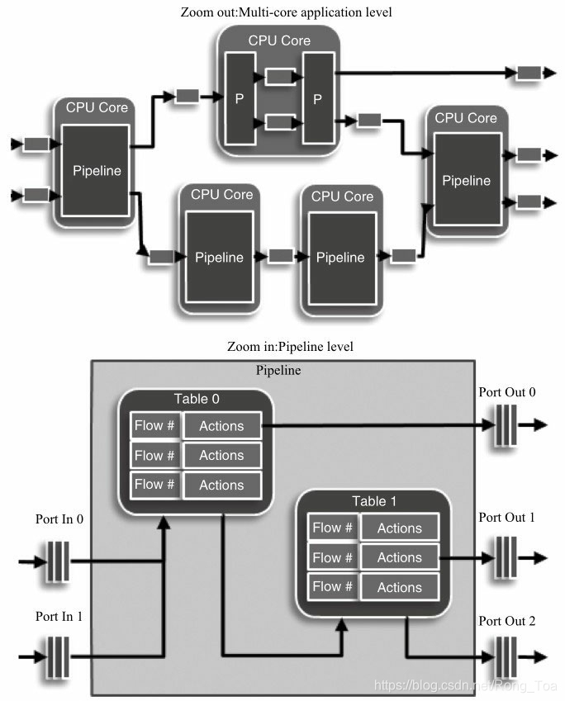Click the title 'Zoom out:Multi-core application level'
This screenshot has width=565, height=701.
click(286, 12)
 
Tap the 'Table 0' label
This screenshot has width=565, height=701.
click(196, 400)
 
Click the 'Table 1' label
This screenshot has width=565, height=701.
click(374, 501)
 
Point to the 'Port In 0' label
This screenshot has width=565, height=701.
click(59, 520)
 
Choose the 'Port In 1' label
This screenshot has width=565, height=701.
click(59, 616)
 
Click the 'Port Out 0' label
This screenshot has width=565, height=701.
click(506, 391)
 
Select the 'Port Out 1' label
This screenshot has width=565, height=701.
click(506, 518)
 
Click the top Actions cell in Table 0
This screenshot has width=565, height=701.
click(221, 426)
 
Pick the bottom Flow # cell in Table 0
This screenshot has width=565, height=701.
click(154, 484)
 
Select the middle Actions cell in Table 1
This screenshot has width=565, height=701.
click(400, 557)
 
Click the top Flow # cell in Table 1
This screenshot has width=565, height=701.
click(332, 528)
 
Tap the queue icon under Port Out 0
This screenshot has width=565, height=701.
click(505, 426)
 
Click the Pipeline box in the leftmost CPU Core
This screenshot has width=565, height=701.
click(97, 172)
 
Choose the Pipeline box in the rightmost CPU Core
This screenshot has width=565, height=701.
click(466, 180)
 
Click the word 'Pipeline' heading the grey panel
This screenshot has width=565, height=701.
click(278, 371)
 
